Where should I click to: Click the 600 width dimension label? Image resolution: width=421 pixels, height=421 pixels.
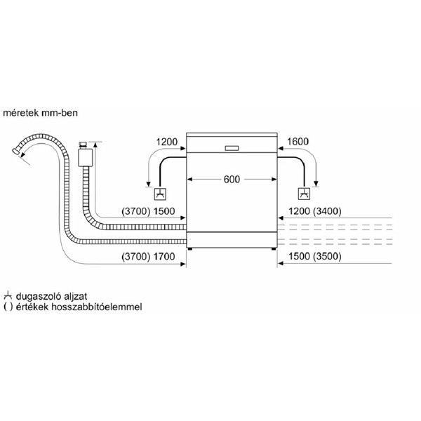point(232,180)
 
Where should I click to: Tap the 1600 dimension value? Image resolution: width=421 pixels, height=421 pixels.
point(298,142)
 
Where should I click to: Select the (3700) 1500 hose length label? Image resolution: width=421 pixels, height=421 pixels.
point(148,211)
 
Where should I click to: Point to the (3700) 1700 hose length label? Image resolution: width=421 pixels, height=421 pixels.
point(148,257)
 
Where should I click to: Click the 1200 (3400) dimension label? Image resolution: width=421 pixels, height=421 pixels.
point(315,211)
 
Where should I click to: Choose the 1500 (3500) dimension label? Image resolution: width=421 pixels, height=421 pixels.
point(315,256)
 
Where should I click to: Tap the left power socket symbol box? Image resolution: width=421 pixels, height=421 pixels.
point(160,194)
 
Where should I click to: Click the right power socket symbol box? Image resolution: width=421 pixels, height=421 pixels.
point(305,194)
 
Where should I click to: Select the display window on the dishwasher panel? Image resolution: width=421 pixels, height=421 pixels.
point(232,148)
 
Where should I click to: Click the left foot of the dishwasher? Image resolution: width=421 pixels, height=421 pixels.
point(190,249)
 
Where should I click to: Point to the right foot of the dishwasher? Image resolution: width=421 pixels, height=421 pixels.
point(274,249)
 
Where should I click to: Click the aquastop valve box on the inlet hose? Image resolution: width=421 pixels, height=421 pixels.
point(85,157)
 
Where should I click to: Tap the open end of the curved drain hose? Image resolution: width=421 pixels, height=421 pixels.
point(16,151)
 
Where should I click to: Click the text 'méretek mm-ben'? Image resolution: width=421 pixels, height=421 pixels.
point(40,113)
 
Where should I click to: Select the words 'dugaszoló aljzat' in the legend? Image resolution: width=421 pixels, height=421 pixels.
point(51,296)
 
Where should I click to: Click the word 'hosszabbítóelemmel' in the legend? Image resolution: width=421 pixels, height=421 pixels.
point(96,307)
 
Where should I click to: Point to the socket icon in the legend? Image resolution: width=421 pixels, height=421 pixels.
point(8,295)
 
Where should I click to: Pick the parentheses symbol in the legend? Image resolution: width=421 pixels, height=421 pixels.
point(8,307)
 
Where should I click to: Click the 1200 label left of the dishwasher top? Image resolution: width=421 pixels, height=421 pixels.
point(167,142)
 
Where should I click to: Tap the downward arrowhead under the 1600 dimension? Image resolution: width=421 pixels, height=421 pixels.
point(316,184)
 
